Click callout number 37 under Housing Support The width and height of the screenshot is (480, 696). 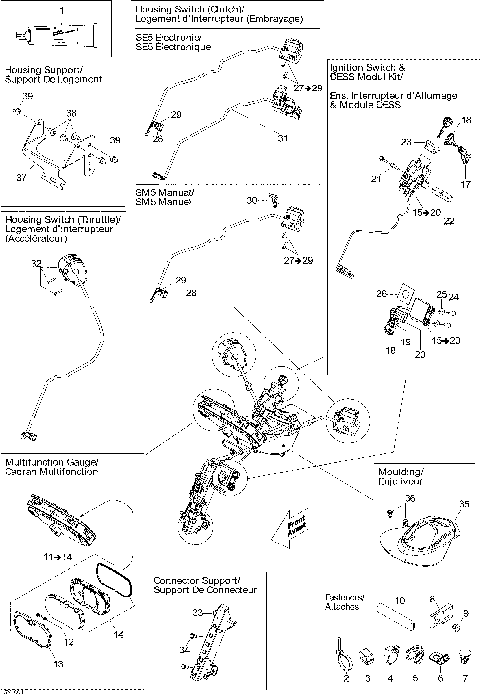click(21, 176)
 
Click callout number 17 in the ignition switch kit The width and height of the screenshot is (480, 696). click(464, 185)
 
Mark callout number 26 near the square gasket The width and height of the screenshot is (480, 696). click(382, 294)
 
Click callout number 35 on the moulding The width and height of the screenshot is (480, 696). click(463, 505)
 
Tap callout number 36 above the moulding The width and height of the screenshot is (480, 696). click(409, 497)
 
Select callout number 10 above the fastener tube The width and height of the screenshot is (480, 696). click(397, 600)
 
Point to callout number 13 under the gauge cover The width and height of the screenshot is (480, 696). click(57, 663)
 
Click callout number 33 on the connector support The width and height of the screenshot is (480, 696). click(196, 609)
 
